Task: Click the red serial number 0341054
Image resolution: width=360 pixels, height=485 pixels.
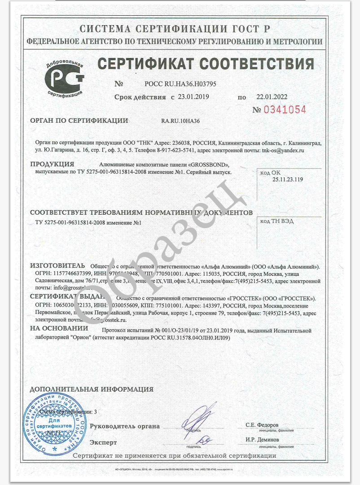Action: (x=285, y=110)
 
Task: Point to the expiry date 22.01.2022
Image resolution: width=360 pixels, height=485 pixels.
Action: (x=272, y=97)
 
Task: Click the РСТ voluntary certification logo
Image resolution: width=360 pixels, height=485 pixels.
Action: (x=65, y=79)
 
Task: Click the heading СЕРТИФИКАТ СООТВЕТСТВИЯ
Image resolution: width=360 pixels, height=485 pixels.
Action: (x=206, y=64)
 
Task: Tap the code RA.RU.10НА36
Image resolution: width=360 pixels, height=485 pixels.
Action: (x=180, y=121)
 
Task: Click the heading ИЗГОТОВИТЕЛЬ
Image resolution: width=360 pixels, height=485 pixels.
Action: (x=57, y=265)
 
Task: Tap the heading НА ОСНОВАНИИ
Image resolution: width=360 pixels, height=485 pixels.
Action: (x=59, y=329)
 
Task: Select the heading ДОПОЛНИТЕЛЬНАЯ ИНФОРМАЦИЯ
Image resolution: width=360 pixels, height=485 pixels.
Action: (x=92, y=389)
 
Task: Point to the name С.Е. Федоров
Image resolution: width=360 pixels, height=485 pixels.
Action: (x=262, y=425)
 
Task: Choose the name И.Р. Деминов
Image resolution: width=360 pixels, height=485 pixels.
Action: (x=262, y=440)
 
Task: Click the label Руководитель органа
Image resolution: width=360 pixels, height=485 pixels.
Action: (x=125, y=426)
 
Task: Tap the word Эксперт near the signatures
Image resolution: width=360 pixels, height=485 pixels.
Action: (x=103, y=442)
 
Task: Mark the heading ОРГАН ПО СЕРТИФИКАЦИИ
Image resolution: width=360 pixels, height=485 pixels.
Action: (x=79, y=120)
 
